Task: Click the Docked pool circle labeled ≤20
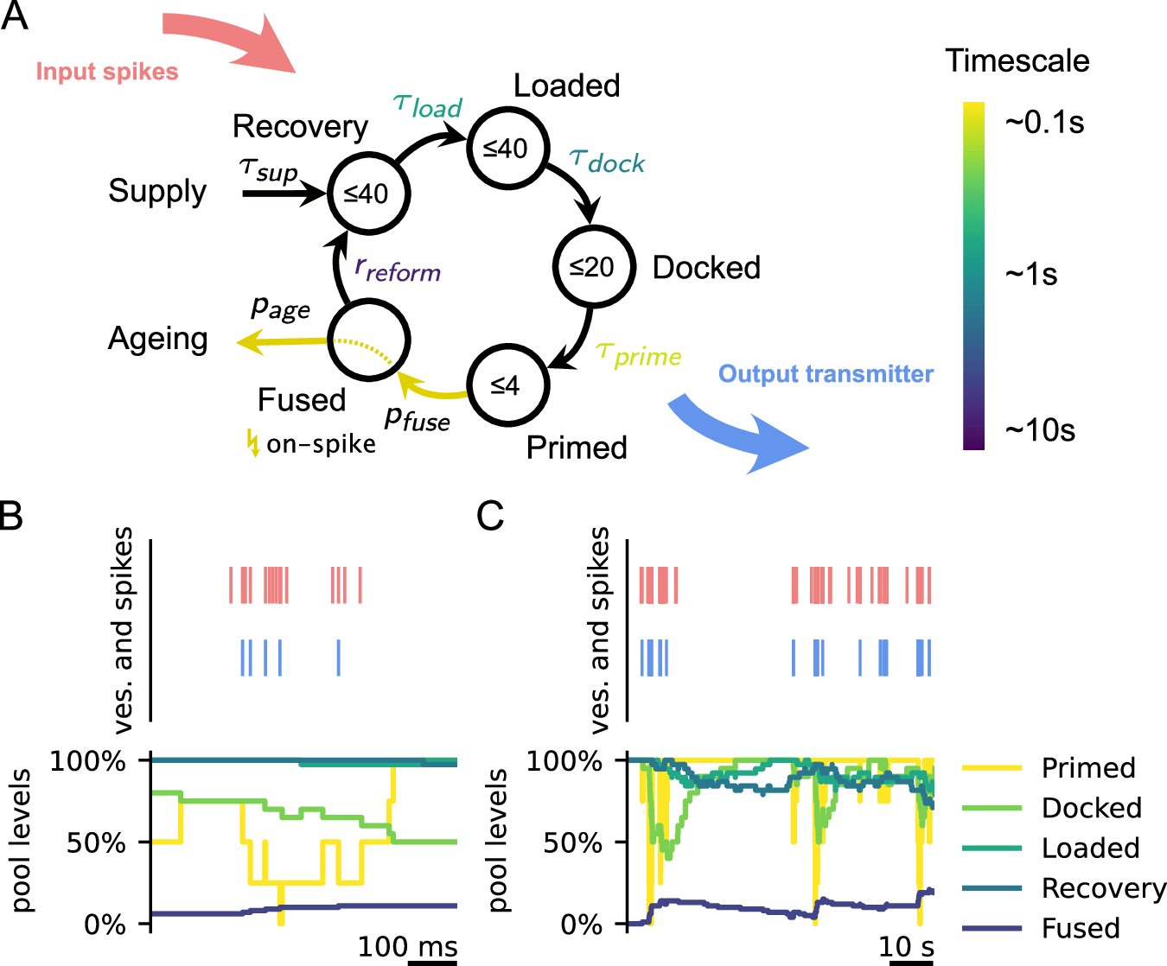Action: click(x=594, y=267)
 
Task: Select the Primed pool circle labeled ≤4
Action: click(x=507, y=385)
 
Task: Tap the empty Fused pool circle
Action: click(x=368, y=340)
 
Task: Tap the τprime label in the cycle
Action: click(x=639, y=354)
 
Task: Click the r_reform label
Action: click(x=398, y=270)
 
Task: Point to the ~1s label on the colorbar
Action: click(x=1031, y=275)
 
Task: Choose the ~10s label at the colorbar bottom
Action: click(x=1040, y=429)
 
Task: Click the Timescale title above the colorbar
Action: click(x=1017, y=60)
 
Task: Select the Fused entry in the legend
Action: click(x=1081, y=928)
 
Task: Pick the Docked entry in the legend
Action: click(x=1091, y=808)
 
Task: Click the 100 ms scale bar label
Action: click(x=408, y=946)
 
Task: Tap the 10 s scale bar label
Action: click(x=906, y=946)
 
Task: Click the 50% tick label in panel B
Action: click(x=96, y=842)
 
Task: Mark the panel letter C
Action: click(x=490, y=516)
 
